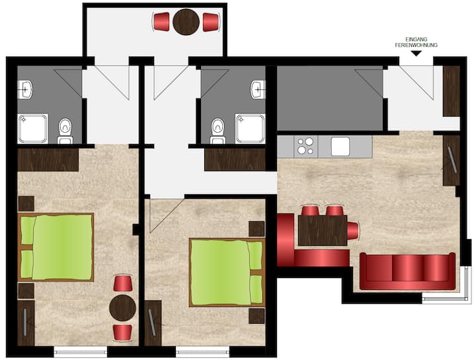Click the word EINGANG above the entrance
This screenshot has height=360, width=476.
point(416,39)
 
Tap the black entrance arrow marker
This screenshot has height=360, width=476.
point(416,54)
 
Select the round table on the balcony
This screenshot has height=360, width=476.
point(186,22)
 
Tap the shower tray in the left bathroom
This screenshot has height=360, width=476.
point(32,127)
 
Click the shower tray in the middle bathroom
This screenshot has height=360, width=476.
point(251,127)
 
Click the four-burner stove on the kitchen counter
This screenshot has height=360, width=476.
point(305,145)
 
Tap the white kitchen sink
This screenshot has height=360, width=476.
point(340,145)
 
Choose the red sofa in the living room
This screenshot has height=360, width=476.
point(407,270)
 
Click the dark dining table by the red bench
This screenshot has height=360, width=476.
point(322,231)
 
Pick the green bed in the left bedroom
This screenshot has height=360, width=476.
point(56,246)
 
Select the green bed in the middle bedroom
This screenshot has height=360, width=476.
point(225,272)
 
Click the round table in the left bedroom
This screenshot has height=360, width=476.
point(123,307)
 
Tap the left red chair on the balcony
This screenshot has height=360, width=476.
point(161,22)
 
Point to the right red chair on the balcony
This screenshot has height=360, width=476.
point(211,22)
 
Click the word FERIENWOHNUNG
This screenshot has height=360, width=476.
point(416,46)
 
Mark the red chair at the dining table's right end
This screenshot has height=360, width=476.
point(352,231)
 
